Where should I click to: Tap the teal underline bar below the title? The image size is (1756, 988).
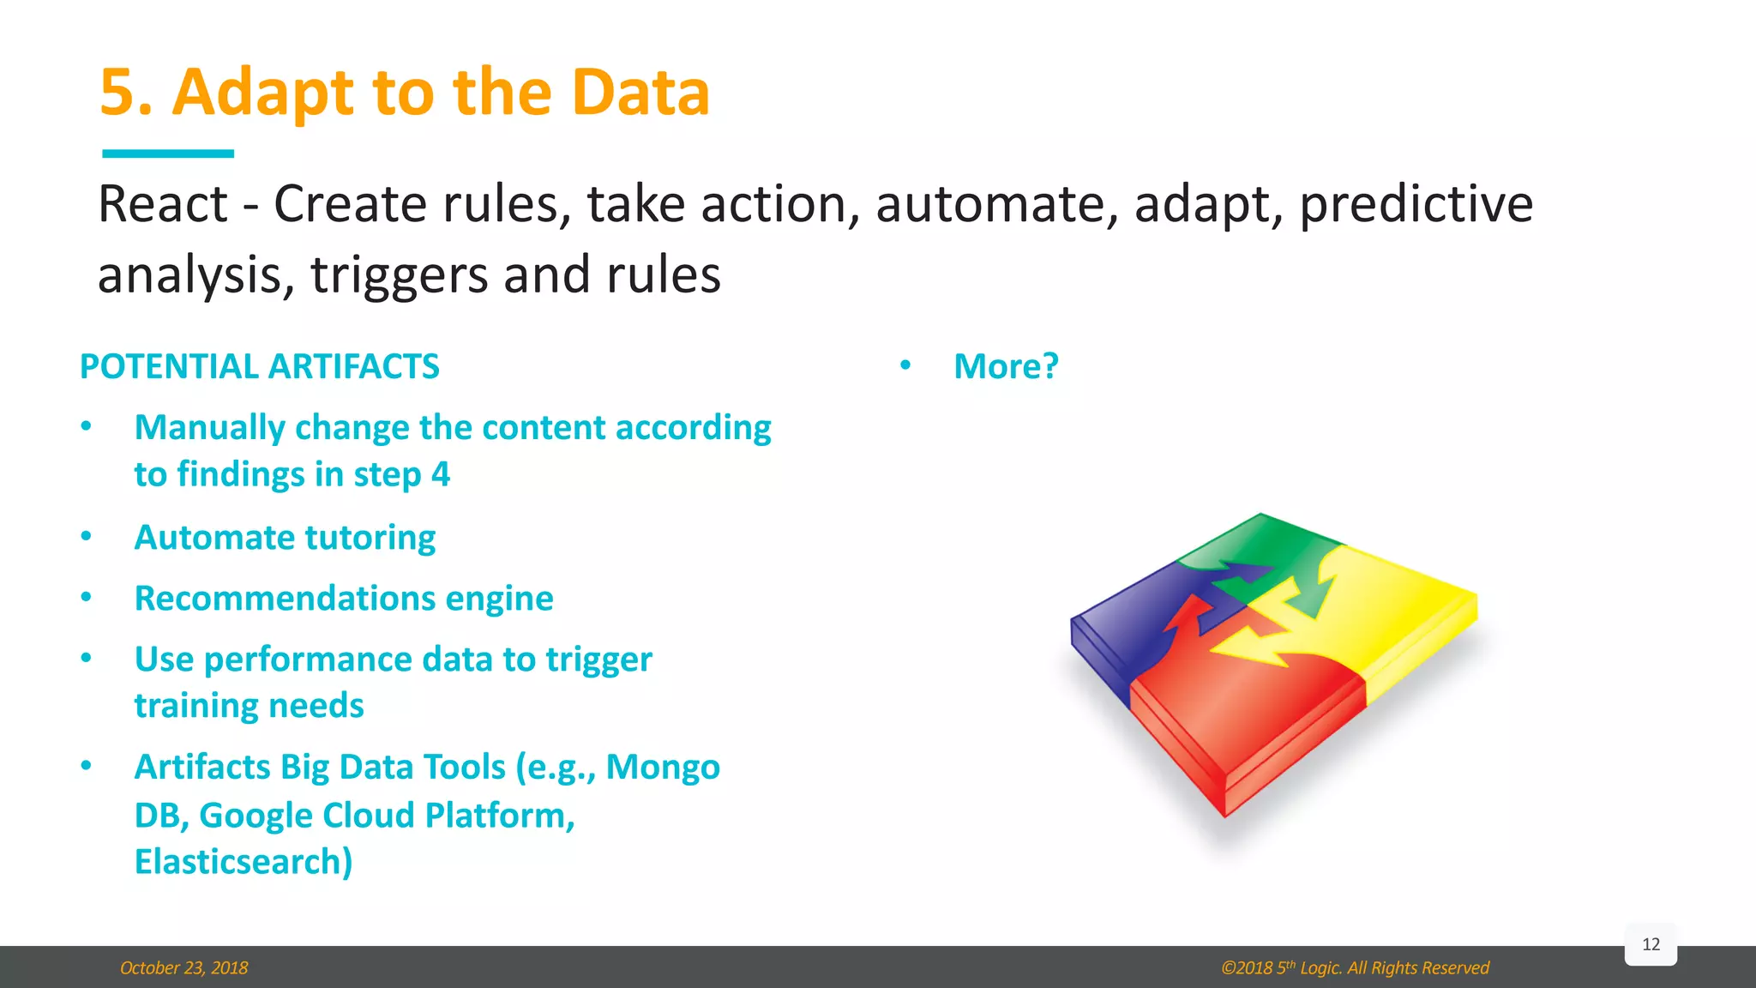[168, 154]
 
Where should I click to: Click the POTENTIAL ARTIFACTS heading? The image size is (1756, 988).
[260, 367]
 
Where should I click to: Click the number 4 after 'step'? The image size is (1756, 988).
[441, 474]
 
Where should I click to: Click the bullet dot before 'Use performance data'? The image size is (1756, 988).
[86, 659]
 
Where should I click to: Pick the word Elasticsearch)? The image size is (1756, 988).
[244, 862]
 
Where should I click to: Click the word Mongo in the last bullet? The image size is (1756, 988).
[663, 767]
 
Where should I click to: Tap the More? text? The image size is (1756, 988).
[1006, 367]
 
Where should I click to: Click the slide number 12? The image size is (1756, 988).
[1651, 944]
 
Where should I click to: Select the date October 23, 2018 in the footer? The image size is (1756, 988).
[183, 968]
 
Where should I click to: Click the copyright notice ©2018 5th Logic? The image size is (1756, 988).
[1355, 968]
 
